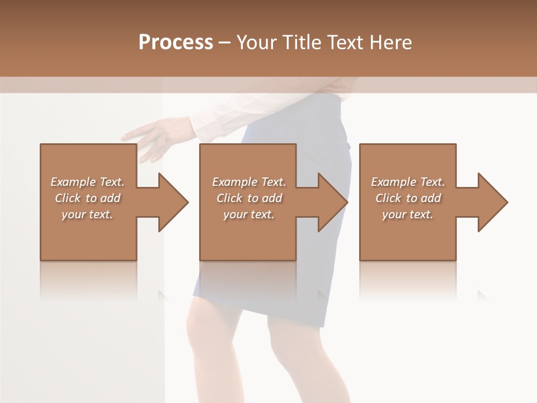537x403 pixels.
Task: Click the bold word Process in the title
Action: (176, 42)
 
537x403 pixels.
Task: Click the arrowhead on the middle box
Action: (332, 202)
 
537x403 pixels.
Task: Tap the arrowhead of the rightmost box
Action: (492, 202)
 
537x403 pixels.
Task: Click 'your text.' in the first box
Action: (87, 214)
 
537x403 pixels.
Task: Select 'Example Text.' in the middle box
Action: (249, 182)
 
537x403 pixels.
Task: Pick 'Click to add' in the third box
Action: (408, 198)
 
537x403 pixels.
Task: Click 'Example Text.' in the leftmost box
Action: (87, 182)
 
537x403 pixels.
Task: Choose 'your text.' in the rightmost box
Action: (407, 214)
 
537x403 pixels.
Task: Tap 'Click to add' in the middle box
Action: (249, 198)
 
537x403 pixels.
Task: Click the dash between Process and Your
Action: (224, 43)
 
